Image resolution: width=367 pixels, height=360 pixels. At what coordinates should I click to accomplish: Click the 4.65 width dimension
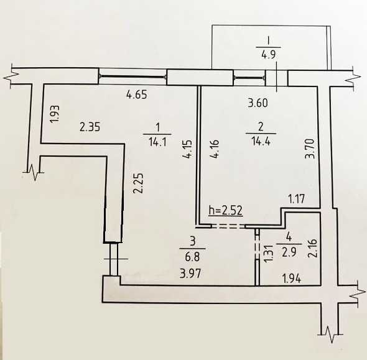click(x=137, y=96)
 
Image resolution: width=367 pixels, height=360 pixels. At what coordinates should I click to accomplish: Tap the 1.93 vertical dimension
click(x=54, y=116)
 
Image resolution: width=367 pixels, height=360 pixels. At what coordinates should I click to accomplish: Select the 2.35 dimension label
click(x=90, y=127)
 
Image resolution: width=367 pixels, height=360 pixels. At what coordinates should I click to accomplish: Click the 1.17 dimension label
click(x=296, y=199)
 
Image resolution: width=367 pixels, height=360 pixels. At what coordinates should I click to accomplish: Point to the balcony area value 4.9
click(x=269, y=53)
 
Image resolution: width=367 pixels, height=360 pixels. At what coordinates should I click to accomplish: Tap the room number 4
click(x=288, y=236)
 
